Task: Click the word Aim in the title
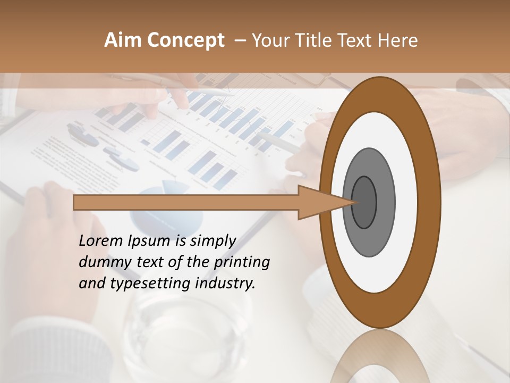point(123,40)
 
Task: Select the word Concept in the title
point(185,40)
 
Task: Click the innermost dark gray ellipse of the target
point(364,202)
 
